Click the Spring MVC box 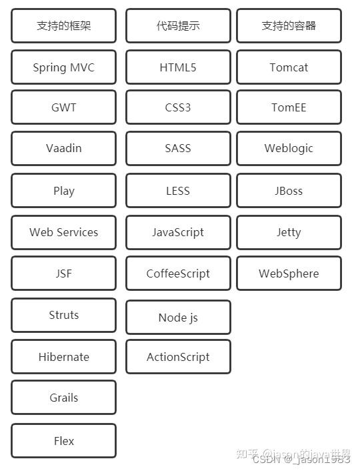tap(63, 67)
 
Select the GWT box tap(63, 107)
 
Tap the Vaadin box tap(63, 148)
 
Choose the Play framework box tap(63, 191)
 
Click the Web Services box tap(63, 232)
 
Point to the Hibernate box tap(63, 357)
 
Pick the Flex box tap(63, 441)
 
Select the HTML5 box tap(178, 67)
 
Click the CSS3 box tap(178, 107)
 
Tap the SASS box tap(178, 148)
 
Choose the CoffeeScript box tap(178, 274)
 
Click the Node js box tap(178, 318)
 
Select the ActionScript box tap(178, 357)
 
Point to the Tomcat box tap(289, 67)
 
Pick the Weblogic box tap(289, 148)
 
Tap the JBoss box tap(289, 191)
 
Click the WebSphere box tap(289, 274)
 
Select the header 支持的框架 tap(63, 26)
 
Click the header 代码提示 tap(178, 26)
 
